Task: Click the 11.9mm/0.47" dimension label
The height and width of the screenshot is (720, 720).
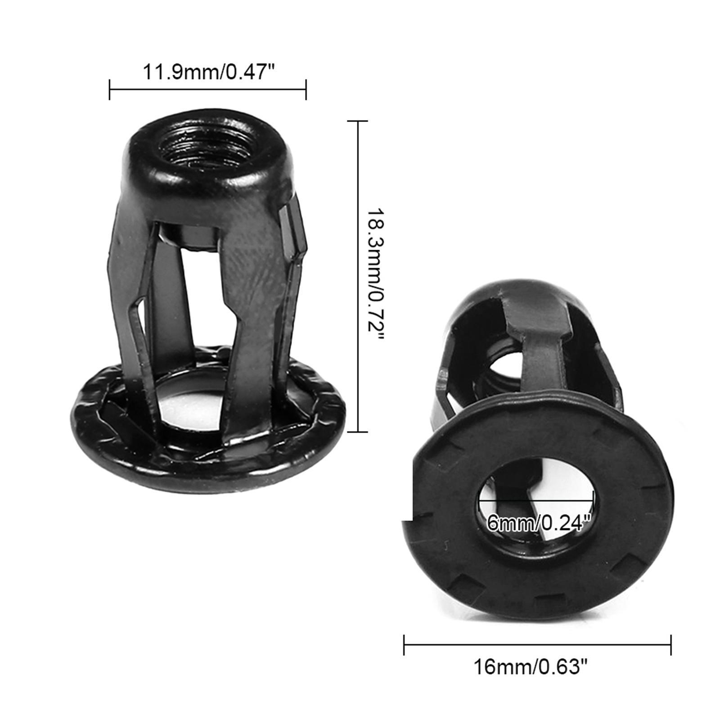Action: [208, 72]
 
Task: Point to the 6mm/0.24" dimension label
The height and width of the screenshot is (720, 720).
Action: [538, 523]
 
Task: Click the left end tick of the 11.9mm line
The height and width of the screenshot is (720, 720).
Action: [110, 90]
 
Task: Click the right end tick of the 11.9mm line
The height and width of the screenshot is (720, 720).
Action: [306, 90]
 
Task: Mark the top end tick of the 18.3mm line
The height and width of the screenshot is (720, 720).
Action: [358, 121]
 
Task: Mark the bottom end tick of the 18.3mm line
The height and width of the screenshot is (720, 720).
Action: [358, 432]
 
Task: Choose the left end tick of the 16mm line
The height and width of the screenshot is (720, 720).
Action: [405, 645]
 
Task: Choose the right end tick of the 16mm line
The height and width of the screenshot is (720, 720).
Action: [670, 645]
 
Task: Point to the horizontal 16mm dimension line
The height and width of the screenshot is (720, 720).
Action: [537, 645]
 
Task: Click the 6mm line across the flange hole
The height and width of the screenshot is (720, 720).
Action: [535, 500]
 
